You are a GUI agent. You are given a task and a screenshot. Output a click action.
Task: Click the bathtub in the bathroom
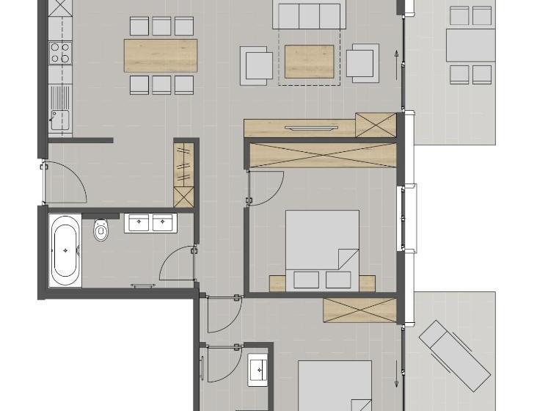point(65,250)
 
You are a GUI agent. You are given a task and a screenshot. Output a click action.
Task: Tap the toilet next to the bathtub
point(101,230)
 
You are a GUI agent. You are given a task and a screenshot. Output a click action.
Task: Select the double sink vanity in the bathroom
point(150,223)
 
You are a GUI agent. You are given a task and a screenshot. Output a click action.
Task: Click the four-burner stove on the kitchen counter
point(60,52)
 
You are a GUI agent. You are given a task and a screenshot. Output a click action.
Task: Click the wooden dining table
point(161,56)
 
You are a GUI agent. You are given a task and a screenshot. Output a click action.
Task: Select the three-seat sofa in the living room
point(309,15)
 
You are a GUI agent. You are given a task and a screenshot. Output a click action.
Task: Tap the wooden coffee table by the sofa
point(309,62)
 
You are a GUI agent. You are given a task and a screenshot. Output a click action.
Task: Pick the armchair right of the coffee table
point(362,62)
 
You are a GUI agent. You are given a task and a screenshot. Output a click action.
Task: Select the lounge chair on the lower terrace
point(455,354)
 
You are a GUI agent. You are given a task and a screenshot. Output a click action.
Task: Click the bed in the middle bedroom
point(321,250)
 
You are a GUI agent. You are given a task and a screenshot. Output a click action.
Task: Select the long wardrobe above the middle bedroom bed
point(323,156)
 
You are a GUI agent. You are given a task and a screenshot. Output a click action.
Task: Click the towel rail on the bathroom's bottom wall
point(144,285)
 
